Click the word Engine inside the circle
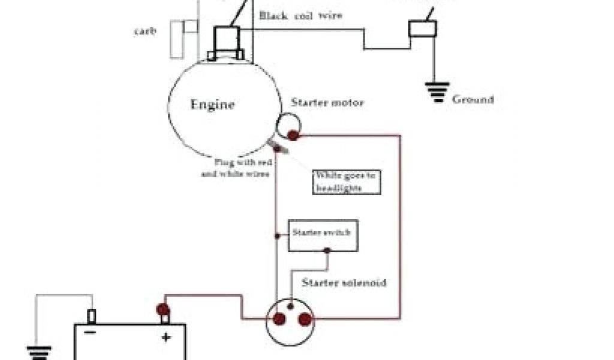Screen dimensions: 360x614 pos(212,105)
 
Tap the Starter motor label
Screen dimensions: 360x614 pos(327,103)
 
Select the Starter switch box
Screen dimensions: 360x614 pos(324,235)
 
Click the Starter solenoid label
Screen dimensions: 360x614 pos(344,282)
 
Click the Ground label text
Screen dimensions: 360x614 pos(473,100)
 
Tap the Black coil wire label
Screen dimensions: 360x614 pos(301,16)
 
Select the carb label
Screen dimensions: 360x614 pos(145,31)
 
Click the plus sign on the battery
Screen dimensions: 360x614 pos(165,337)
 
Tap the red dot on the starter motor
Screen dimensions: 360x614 pos(293,136)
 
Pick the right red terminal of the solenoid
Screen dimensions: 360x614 pos(305,319)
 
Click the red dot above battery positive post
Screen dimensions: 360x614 pos(162,309)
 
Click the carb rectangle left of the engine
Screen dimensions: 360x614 pos(183,38)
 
